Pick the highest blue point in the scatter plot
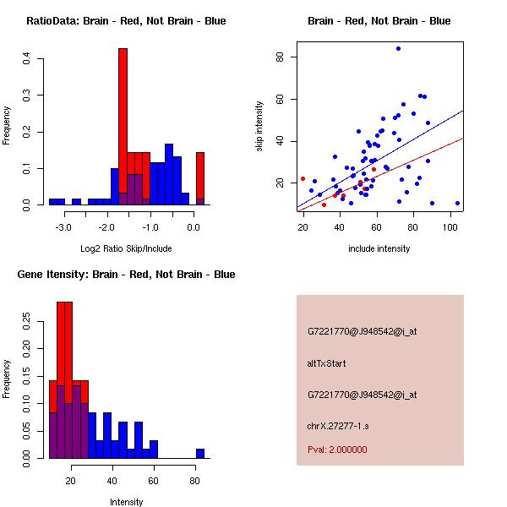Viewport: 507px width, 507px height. point(398,49)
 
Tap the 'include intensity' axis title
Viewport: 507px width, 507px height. point(379,248)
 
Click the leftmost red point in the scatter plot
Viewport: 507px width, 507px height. point(303,179)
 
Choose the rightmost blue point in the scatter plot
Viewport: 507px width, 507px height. point(457,203)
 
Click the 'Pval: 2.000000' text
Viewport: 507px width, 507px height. point(337,450)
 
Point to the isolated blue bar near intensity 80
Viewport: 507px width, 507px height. point(200,453)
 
